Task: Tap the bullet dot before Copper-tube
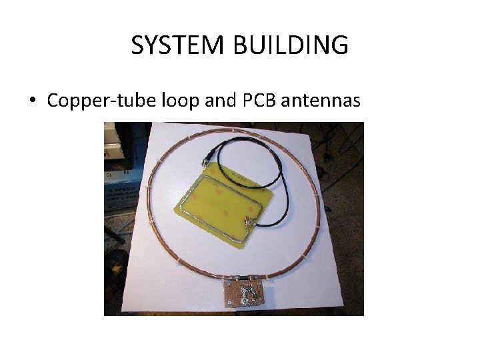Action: point(31,101)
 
